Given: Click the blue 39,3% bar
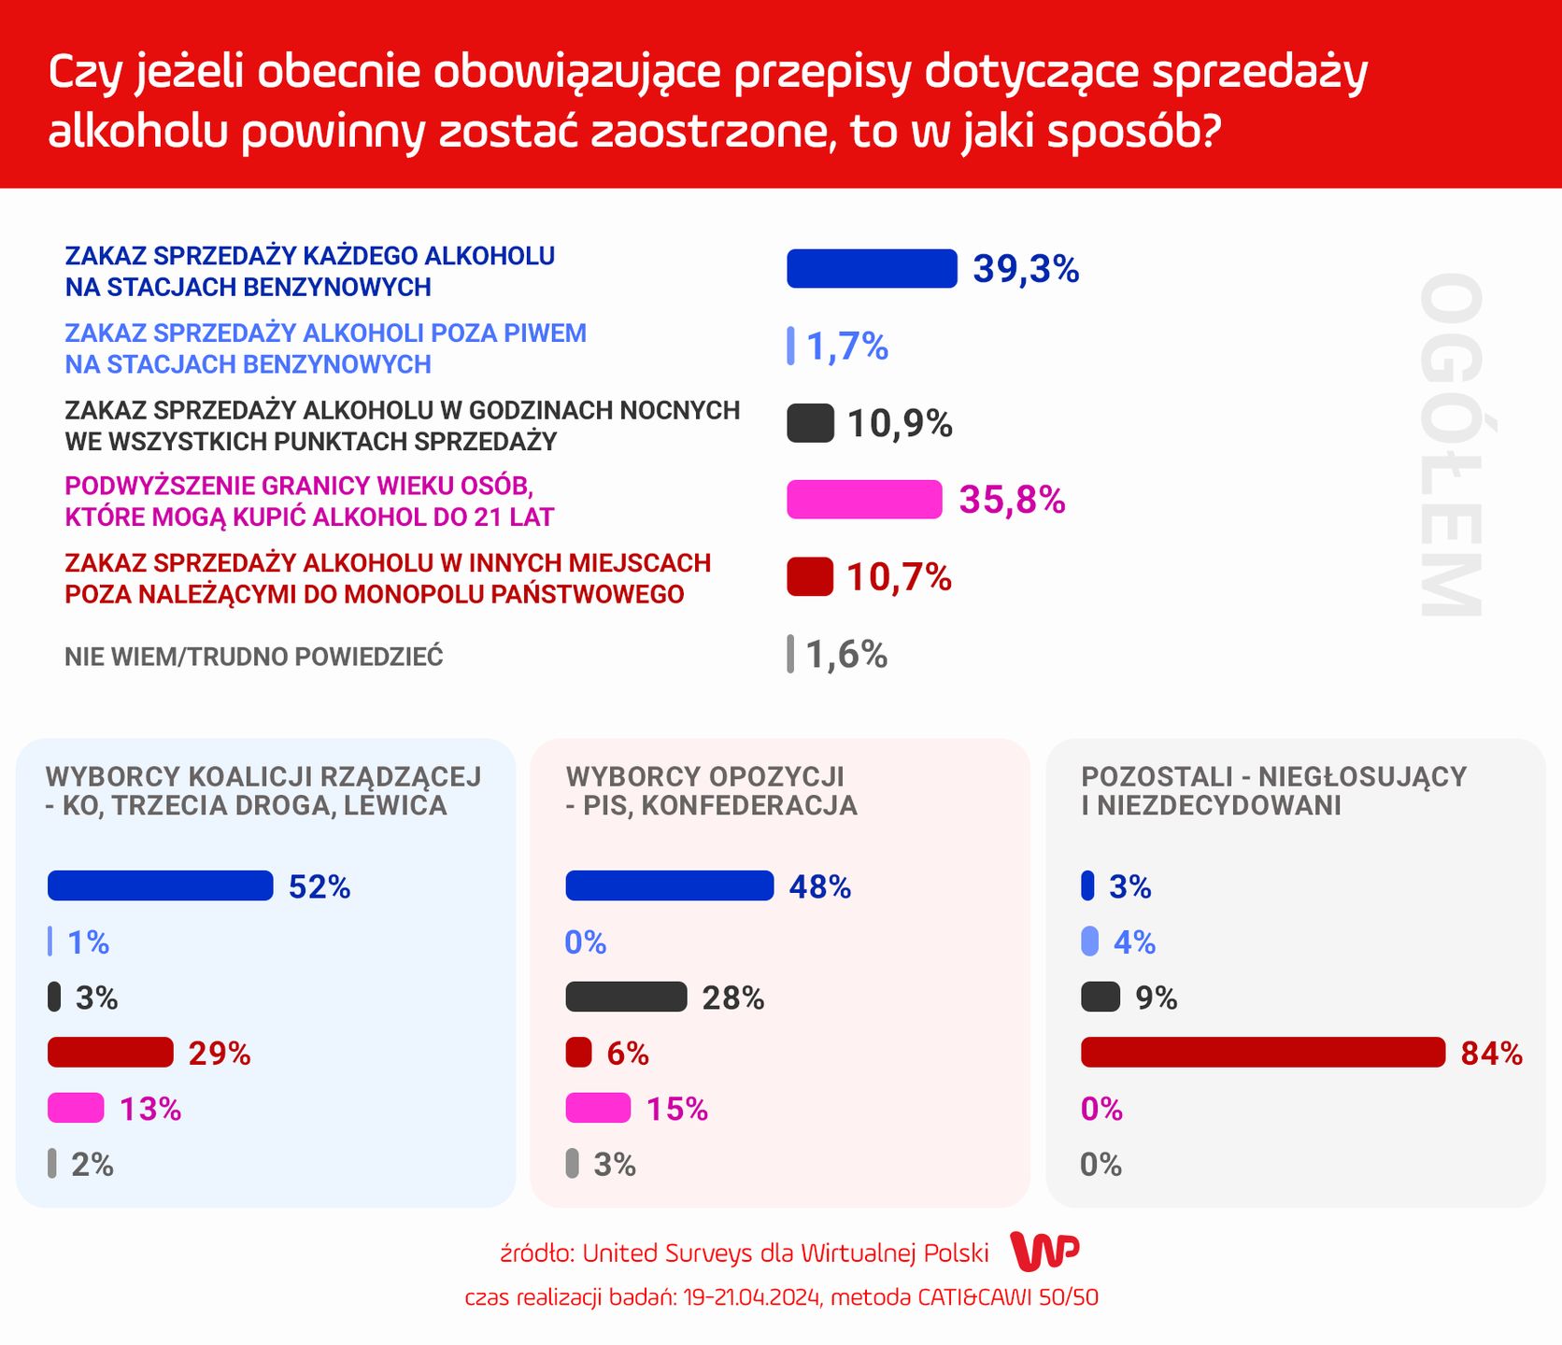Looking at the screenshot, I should point(872,269).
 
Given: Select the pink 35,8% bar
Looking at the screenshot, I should point(864,500).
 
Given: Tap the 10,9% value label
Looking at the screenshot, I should point(900,424).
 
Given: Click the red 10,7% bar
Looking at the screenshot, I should point(809,577).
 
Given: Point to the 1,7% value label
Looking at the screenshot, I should point(846,347).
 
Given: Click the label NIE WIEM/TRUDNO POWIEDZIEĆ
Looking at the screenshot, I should point(253,657).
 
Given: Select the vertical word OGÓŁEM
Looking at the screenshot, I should point(1451,446).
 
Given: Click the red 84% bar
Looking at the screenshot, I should point(1262,1053).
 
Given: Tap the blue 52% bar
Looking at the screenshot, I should point(160,885).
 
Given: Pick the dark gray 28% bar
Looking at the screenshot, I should point(626,998).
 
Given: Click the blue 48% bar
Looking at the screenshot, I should point(669,885).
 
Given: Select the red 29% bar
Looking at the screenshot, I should point(110,1053).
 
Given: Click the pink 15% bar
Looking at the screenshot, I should point(598,1109).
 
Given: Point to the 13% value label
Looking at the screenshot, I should point(150,1110).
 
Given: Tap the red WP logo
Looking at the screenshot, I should point(1045,1252).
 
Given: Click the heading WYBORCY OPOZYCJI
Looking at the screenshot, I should point(704,776).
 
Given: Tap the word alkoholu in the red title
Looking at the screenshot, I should point(137,132).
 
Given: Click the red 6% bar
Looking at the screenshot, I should point(578,1053).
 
